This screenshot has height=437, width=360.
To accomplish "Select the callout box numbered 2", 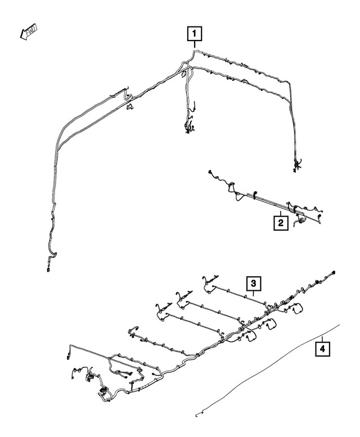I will point(280,223).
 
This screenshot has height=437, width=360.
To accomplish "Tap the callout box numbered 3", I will point(254,283).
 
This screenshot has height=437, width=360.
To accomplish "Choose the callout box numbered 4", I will point(321,350).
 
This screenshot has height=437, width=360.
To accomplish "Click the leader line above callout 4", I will point(321,339).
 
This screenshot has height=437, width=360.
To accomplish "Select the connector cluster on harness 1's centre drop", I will point(188,127).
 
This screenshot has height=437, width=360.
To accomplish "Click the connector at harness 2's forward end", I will point(209,172).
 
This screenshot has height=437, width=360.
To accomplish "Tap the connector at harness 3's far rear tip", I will point(334,272).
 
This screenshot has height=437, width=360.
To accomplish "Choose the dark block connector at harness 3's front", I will point(102,389).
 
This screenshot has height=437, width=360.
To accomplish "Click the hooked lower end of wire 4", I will point(197,415).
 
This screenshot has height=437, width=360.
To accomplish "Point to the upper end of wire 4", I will point(339,325).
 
